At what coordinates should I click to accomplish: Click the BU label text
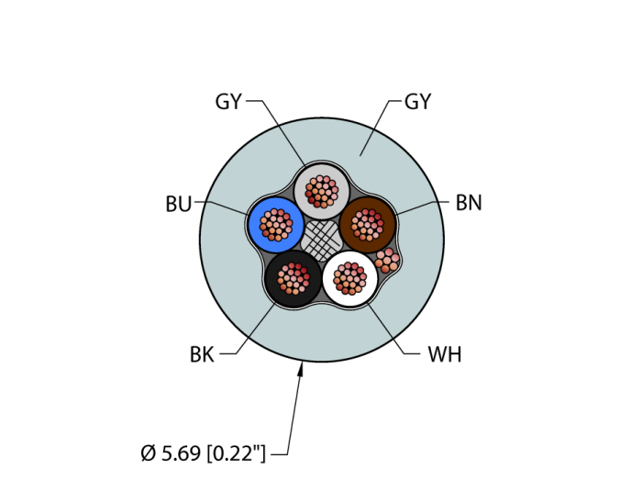179,204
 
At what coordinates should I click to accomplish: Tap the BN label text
469,203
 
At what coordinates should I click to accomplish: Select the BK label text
202,354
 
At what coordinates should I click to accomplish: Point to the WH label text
445,354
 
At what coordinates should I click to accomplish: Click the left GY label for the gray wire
228,102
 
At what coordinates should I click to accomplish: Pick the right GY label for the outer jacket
417,102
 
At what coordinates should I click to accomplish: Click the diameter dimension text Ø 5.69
171,453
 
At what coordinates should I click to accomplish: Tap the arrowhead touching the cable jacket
301,370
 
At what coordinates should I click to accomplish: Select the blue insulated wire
276,225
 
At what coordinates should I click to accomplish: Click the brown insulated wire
368,225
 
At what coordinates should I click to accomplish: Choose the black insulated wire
293,279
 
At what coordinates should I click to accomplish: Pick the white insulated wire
350,279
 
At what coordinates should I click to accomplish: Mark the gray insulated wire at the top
322,191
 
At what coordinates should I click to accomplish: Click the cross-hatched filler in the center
321,240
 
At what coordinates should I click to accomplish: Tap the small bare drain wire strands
387,261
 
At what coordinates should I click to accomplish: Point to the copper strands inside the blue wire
276,225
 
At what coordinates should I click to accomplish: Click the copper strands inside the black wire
293,279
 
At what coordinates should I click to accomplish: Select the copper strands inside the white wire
350,279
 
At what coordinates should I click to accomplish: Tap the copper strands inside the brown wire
368,225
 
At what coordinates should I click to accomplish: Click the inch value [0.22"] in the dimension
237,453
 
